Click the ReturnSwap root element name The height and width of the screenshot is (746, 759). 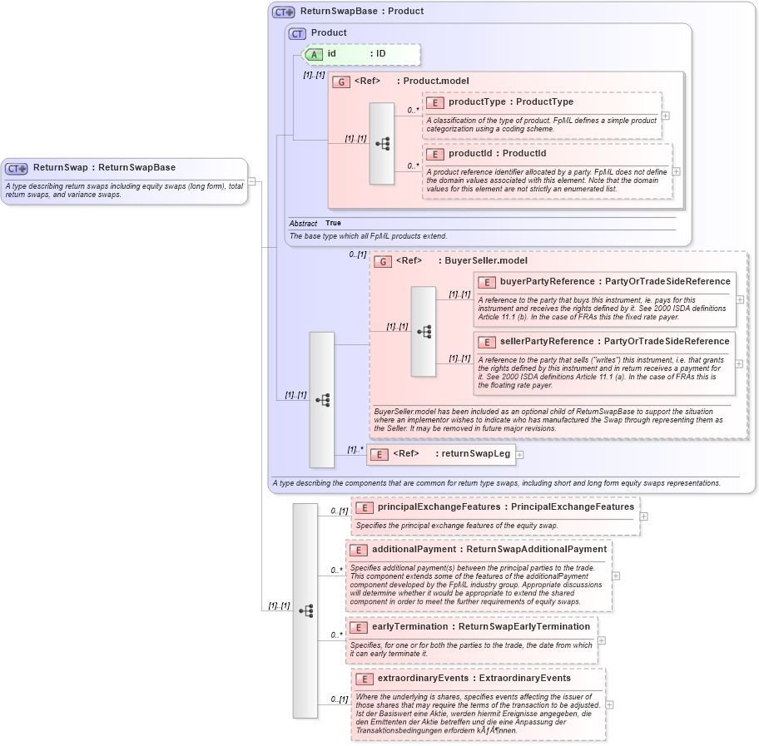tap(60, 167)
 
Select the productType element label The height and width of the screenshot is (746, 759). tap(478, 102)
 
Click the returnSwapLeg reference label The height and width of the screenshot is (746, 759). tap(476, 454)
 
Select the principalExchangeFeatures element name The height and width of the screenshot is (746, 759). tap(439, 506)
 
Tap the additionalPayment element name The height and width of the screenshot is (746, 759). tap(414, 550)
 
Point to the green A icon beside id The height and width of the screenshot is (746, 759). tap(314, 54)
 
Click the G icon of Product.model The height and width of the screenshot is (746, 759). tap(341, 82)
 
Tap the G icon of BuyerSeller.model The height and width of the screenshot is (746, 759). tap(383, 261)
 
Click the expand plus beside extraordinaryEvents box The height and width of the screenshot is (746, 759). tap(610, 704)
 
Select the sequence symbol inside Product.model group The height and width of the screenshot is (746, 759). tap(382, 144)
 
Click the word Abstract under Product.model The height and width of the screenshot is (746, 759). tap(303, 224)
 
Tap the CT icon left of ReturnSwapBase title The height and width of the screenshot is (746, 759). tap(284, 12)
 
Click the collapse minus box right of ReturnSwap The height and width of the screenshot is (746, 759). tap(252, 181)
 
